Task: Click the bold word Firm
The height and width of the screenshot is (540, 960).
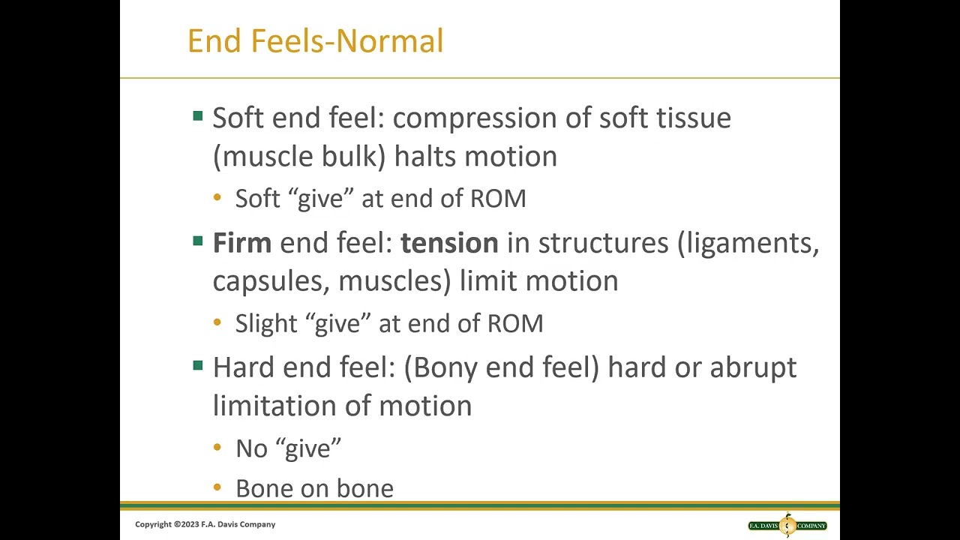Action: pyautogui.click(x=241, y=243)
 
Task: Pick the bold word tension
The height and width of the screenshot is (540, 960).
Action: pyautogui.click(x=449, y=243)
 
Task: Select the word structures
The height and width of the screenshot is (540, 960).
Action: pyautogui.click(x=603, y=243)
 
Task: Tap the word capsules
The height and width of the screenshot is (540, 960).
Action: pyautogui.click(x=271, y=281)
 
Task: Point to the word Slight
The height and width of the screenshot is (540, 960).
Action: pyautogui.click(x=266, y=323)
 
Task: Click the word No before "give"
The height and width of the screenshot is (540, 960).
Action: pyautogui.click(x=251, y=448)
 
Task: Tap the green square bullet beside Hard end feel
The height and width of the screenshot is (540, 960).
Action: pyautogui.click(x=198, y=366)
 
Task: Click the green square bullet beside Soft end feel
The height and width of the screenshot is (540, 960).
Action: pyautogui.click(x=198, y=116)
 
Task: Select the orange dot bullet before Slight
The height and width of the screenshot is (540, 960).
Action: pyautogui.click(x=217, y=323)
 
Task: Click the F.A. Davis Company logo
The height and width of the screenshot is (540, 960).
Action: pyautogui.click(x=787, y=525)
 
